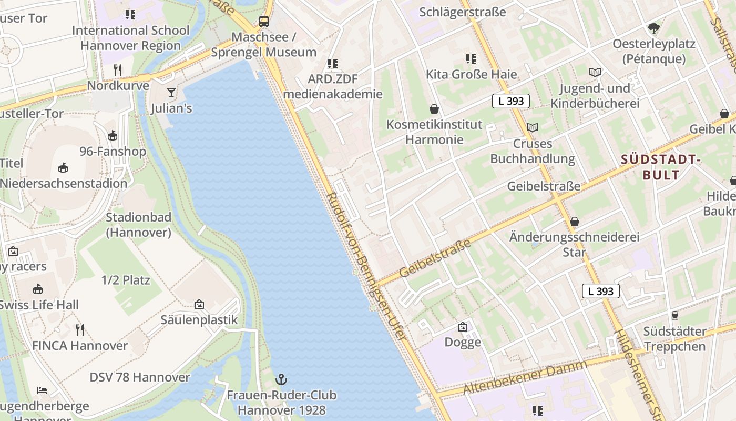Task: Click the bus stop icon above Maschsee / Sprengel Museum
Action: tap(264, 22)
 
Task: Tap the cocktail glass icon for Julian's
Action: tap(171, 93)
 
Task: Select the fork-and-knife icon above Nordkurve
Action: tap(118, 69)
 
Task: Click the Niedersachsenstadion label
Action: tap(64, 184)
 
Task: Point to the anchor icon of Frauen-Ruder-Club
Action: tap(282, 379)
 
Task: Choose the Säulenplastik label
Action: tap(199, 320)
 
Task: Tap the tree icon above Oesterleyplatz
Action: tap(653, 28)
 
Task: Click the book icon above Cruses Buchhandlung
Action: tap(533, 127)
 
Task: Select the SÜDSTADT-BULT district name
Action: tap(661, 167)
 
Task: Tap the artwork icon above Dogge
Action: tap(463, 327)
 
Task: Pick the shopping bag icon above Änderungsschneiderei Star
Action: tap(575, 222)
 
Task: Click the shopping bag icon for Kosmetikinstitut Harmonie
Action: tap(434, 109)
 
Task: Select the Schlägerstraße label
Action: tap(463, 12)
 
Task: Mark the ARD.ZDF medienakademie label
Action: tap(332, 87)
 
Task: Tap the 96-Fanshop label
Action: tap(113, 152)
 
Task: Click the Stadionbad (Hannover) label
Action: tap(139, 225)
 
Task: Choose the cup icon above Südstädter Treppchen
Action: tap(675, 315)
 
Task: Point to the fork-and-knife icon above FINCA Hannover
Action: tap(80, 330)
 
